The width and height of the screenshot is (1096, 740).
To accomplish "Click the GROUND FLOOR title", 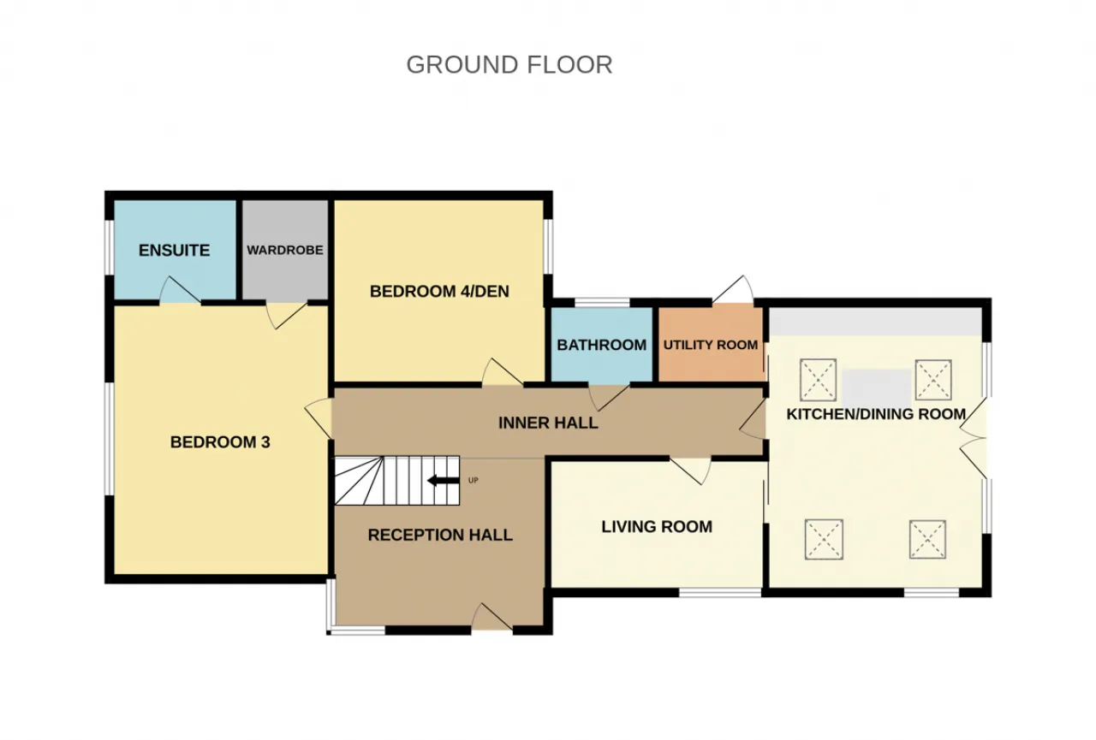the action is tap(509, 65).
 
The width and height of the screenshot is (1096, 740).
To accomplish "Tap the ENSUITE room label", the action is tap(174, 251).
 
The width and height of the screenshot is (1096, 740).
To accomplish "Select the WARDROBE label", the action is tap(285, 251).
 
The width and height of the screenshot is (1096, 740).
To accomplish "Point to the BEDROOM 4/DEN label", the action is tap(439, 292).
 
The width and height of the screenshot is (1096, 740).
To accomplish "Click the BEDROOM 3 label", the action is tap(220, 442).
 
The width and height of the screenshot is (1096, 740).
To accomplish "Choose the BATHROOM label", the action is tap(602, 345).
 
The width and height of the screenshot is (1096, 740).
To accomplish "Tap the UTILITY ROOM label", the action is tap(711, 345).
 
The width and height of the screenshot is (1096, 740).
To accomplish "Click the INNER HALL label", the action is tap(548, 423).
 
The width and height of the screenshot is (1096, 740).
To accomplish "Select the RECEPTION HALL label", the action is tap(440, 536).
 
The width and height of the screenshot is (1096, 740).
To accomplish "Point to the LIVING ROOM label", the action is tap(657, 527).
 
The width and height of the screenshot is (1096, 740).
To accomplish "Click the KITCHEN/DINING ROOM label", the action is tap(876, 414).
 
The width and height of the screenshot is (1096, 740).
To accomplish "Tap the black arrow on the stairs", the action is tap(444, 481).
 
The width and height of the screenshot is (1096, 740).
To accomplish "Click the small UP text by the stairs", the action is tap(474, 481).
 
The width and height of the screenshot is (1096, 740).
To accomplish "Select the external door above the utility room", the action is tap(733, 290).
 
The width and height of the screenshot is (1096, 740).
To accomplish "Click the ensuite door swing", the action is tap(180, 290).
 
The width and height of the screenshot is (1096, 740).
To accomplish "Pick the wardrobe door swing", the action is tap(287, 316).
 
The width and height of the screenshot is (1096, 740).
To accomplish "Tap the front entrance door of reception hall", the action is tap(491, 617).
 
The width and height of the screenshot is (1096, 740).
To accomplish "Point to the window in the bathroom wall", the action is tap(602, 303).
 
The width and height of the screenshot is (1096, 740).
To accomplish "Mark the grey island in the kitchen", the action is tap(877, 384).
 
